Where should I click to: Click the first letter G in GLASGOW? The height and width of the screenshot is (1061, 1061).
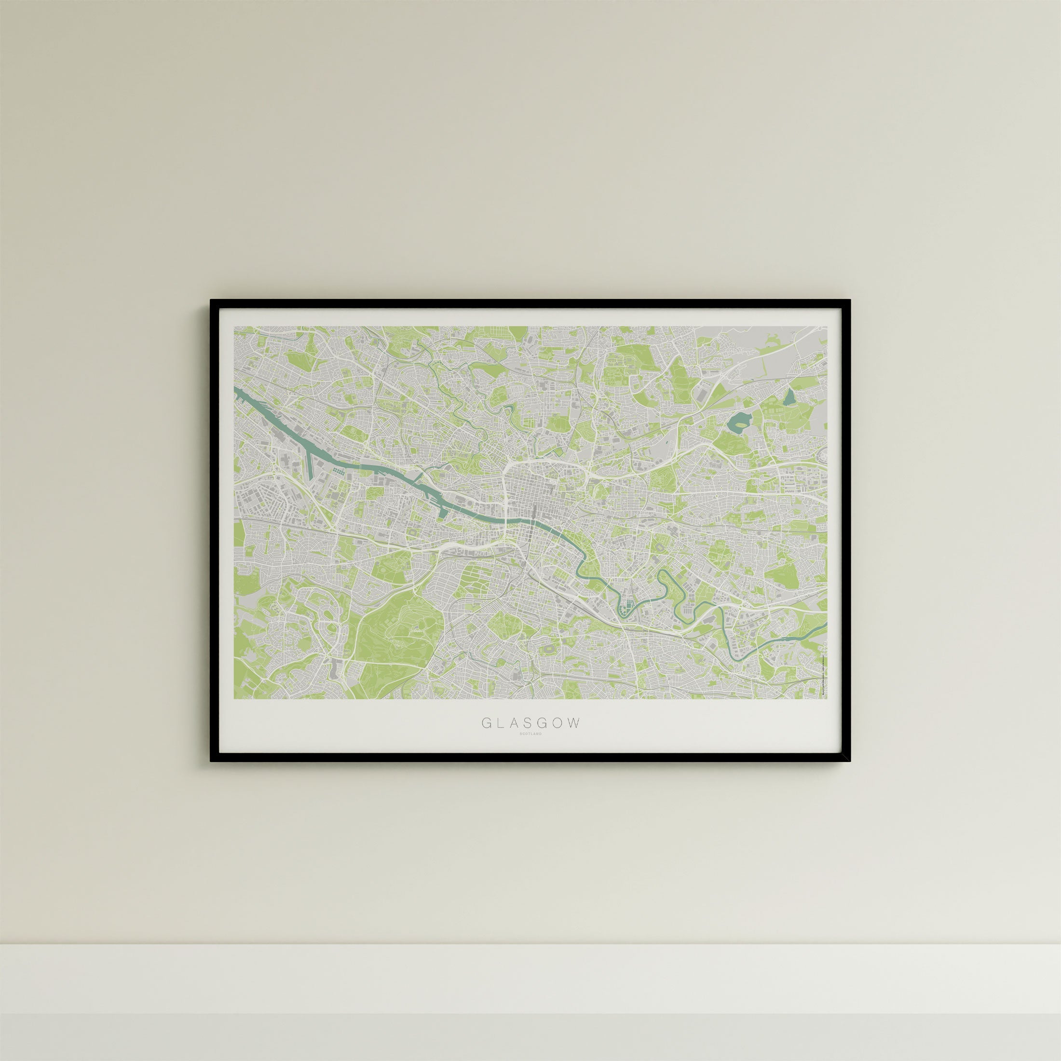[486, 723]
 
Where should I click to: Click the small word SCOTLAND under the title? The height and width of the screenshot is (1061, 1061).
[530, 734]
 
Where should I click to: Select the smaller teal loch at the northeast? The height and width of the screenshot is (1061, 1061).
[789, 396]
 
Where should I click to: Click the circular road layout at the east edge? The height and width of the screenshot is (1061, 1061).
[822, 454]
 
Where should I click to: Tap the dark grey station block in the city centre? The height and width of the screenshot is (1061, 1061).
[534, 515]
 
